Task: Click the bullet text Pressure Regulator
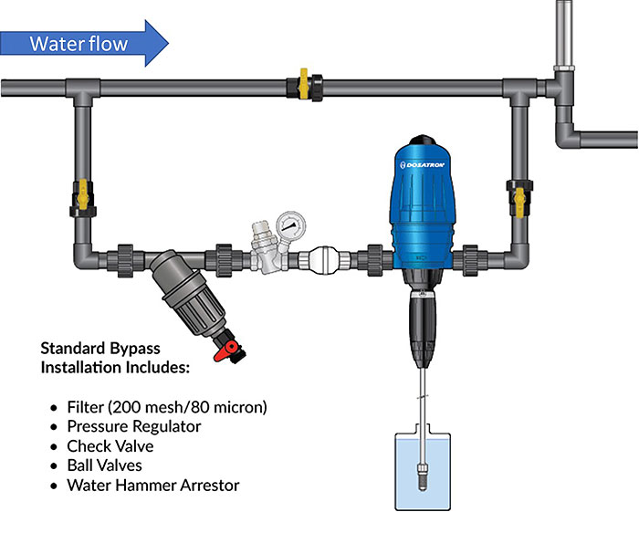pyautogui.click(x=133, y=426)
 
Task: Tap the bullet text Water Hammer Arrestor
pyautogui.click(x=152, y=485)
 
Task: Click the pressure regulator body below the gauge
pyautogui.click(x=266, y=258)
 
